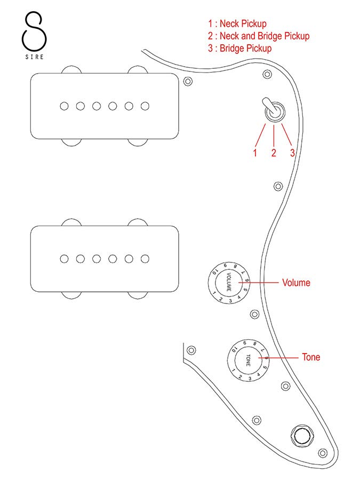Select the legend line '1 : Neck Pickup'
tap(237, 24)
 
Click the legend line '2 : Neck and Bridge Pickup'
tap(259, 36)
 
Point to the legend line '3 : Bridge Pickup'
tap(240, 49)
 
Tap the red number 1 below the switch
tap(255, 153)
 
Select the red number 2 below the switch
tap(274, 153)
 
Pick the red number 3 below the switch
tap(292, 153)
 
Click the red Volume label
tap(296, 283)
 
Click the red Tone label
tap(311, 357)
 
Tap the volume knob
tap(229, 283)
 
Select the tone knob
tap(249, 361)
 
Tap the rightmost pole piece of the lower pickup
tap(145, 259)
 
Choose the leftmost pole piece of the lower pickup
tap(64, 259)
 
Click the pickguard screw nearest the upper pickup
tap(188, 82)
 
